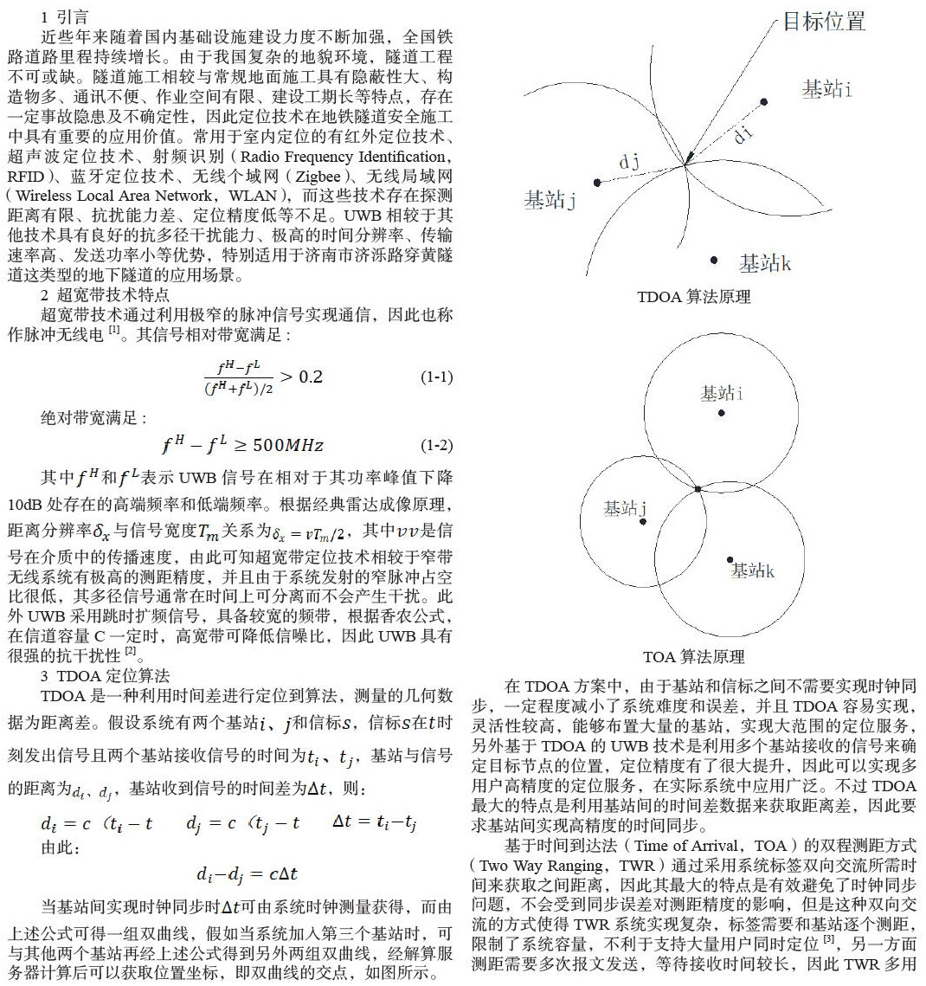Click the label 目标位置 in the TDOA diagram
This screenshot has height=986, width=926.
(823, 22)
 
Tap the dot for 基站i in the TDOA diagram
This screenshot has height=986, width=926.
(763, 102)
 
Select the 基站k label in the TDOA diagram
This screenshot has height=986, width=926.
(765, 262)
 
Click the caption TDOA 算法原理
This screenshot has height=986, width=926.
(694, 297)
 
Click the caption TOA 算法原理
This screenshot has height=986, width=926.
(694, 657)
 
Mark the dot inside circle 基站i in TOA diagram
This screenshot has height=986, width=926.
(721, 413)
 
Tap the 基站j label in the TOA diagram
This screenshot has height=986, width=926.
(626, 508)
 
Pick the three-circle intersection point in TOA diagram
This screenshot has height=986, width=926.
(698, 490)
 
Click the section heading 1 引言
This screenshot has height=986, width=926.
(64, 16)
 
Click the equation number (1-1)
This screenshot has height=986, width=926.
(436, 377)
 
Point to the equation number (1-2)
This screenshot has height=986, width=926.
(436, 446)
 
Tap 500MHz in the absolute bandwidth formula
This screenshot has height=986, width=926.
(291, 446)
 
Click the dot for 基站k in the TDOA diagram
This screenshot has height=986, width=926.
(714, 260)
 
